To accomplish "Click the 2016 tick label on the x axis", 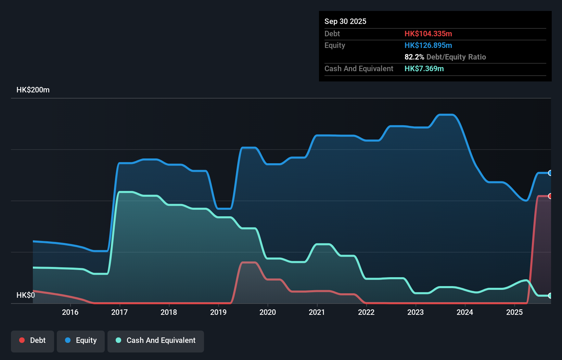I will pyautogui.click(x=70, y=312).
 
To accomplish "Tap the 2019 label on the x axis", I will pyautogui.click(x=218, y=312).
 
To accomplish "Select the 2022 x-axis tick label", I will pyautogui.click(x=366, y=312).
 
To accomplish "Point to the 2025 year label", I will pyautogui.click(x=514, y=312).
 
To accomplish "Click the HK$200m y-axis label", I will pyautogui.click(x=33, y=90).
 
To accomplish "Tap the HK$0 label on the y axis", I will pyautogui.click(x=26, y=295).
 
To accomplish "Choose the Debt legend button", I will pyautogui.click(x=33, y=340).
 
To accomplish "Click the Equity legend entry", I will pyautogui.click(x=81, y=340).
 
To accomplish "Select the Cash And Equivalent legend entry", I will pyautogui.click(x=156, y=340).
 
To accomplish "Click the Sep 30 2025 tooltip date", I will pyautogui.click(x=345, y=21).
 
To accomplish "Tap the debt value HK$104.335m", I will pyautogui.click(x=428, y=34).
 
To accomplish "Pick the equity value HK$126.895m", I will pyautogui.click(x=428, y=45).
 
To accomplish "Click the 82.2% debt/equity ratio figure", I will pyautogui.click(x=414, y=57).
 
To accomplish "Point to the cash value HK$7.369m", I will pyautogui.click(x=424, y=68).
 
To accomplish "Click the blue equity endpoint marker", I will pyautogui.click(x=550, y=173).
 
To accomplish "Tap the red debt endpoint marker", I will pyautogui.click(x=550, y=196).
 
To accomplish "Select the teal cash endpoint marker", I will pyautogui.click(x=550, y=296).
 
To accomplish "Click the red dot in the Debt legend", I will pyautogui.click(x=22, y=340).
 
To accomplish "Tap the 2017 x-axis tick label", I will pyautogui.click(x=119, y=312).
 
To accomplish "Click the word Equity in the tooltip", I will pyautogui.click(x=335, y=45).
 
